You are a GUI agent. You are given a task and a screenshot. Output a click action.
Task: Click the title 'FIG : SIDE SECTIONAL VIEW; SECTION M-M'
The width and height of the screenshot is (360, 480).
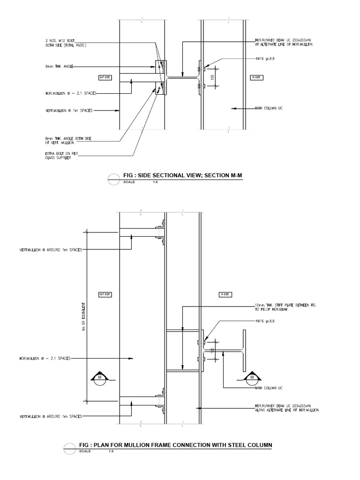click(184, 176)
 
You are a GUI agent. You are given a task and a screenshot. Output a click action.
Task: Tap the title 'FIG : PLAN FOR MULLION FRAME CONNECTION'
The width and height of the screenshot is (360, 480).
click(175, 444)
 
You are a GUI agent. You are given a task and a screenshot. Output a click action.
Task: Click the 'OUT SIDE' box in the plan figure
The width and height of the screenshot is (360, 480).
click(104, 294)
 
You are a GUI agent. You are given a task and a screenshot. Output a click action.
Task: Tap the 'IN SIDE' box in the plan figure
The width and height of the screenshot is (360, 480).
click(224, 294)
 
